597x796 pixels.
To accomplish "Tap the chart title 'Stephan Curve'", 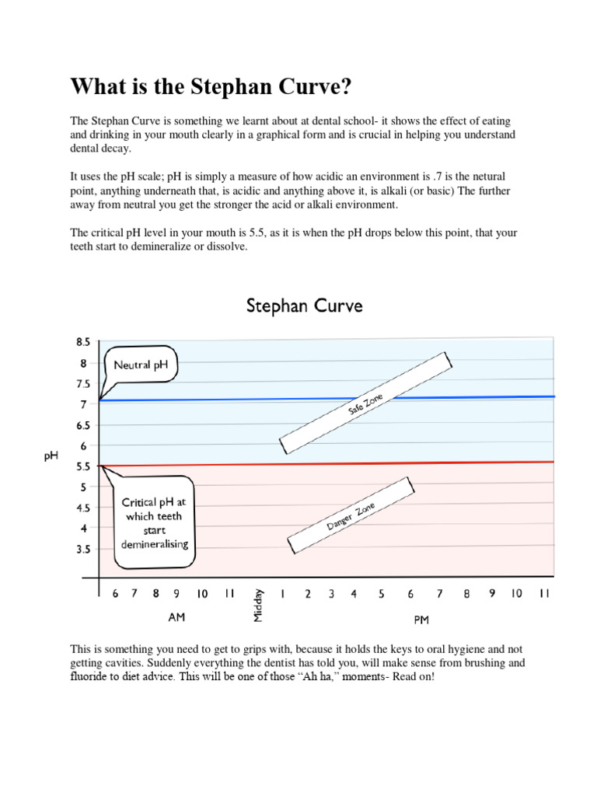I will pos(304,305).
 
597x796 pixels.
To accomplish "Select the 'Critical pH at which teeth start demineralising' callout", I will pos(154,522).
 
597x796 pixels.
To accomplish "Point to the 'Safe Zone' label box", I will pos(365,403).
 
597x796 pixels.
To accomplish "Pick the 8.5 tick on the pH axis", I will pos(83,341).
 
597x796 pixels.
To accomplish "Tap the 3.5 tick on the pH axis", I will pos(83,549).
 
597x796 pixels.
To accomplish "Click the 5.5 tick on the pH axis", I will pos(83,466).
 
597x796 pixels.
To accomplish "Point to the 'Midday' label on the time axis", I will pos(259,603).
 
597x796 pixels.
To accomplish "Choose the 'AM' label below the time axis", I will pos(177,617).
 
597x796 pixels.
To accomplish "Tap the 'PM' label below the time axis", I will pos(421,620).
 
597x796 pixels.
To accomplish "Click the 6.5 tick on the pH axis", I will pos(83,425).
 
